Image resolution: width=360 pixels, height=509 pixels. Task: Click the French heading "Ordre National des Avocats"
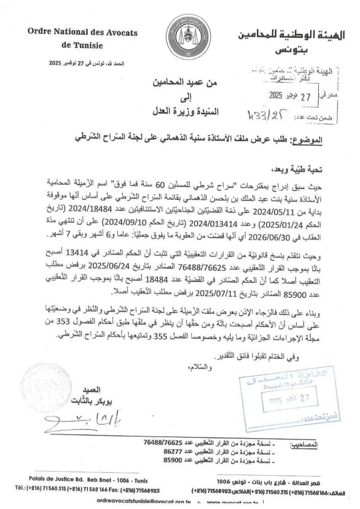[x=83, y=33]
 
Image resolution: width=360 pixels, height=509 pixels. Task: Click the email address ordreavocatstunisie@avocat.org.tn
[x=144, y=502]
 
